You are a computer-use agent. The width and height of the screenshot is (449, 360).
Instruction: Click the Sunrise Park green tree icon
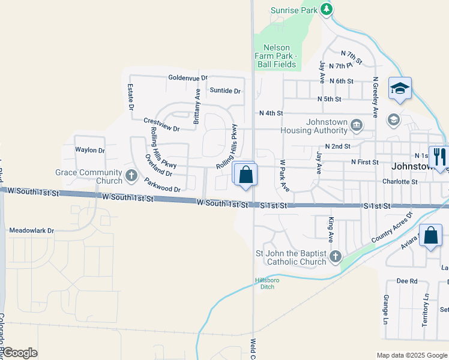coord(326,9)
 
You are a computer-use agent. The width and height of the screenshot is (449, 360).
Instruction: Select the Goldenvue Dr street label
coord(188,78)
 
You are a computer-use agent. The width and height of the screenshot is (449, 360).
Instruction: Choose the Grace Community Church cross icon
coord(131,176)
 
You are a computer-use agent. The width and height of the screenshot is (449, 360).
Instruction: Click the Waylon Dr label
coord(89,150)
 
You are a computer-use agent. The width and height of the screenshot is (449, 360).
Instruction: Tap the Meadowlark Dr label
coord(31,230)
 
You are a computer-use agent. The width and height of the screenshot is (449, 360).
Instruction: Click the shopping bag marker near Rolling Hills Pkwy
coord(246,175)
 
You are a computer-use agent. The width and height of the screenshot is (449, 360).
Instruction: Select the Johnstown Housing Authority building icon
coord(357,125)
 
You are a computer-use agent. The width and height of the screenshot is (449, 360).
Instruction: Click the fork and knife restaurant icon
coord(439,157)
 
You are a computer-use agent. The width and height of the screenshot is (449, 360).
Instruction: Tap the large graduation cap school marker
coord(400,89)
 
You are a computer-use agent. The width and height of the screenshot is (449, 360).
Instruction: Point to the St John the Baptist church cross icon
coord(335,257)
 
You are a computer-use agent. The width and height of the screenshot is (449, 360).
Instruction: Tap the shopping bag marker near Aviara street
coord(431,235)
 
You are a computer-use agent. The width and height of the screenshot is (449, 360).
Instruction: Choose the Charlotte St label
coord(400,181)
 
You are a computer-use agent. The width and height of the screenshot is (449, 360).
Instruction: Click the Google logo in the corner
coord(20,353)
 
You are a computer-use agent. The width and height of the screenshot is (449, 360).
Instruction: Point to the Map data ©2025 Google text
coord(411,355)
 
